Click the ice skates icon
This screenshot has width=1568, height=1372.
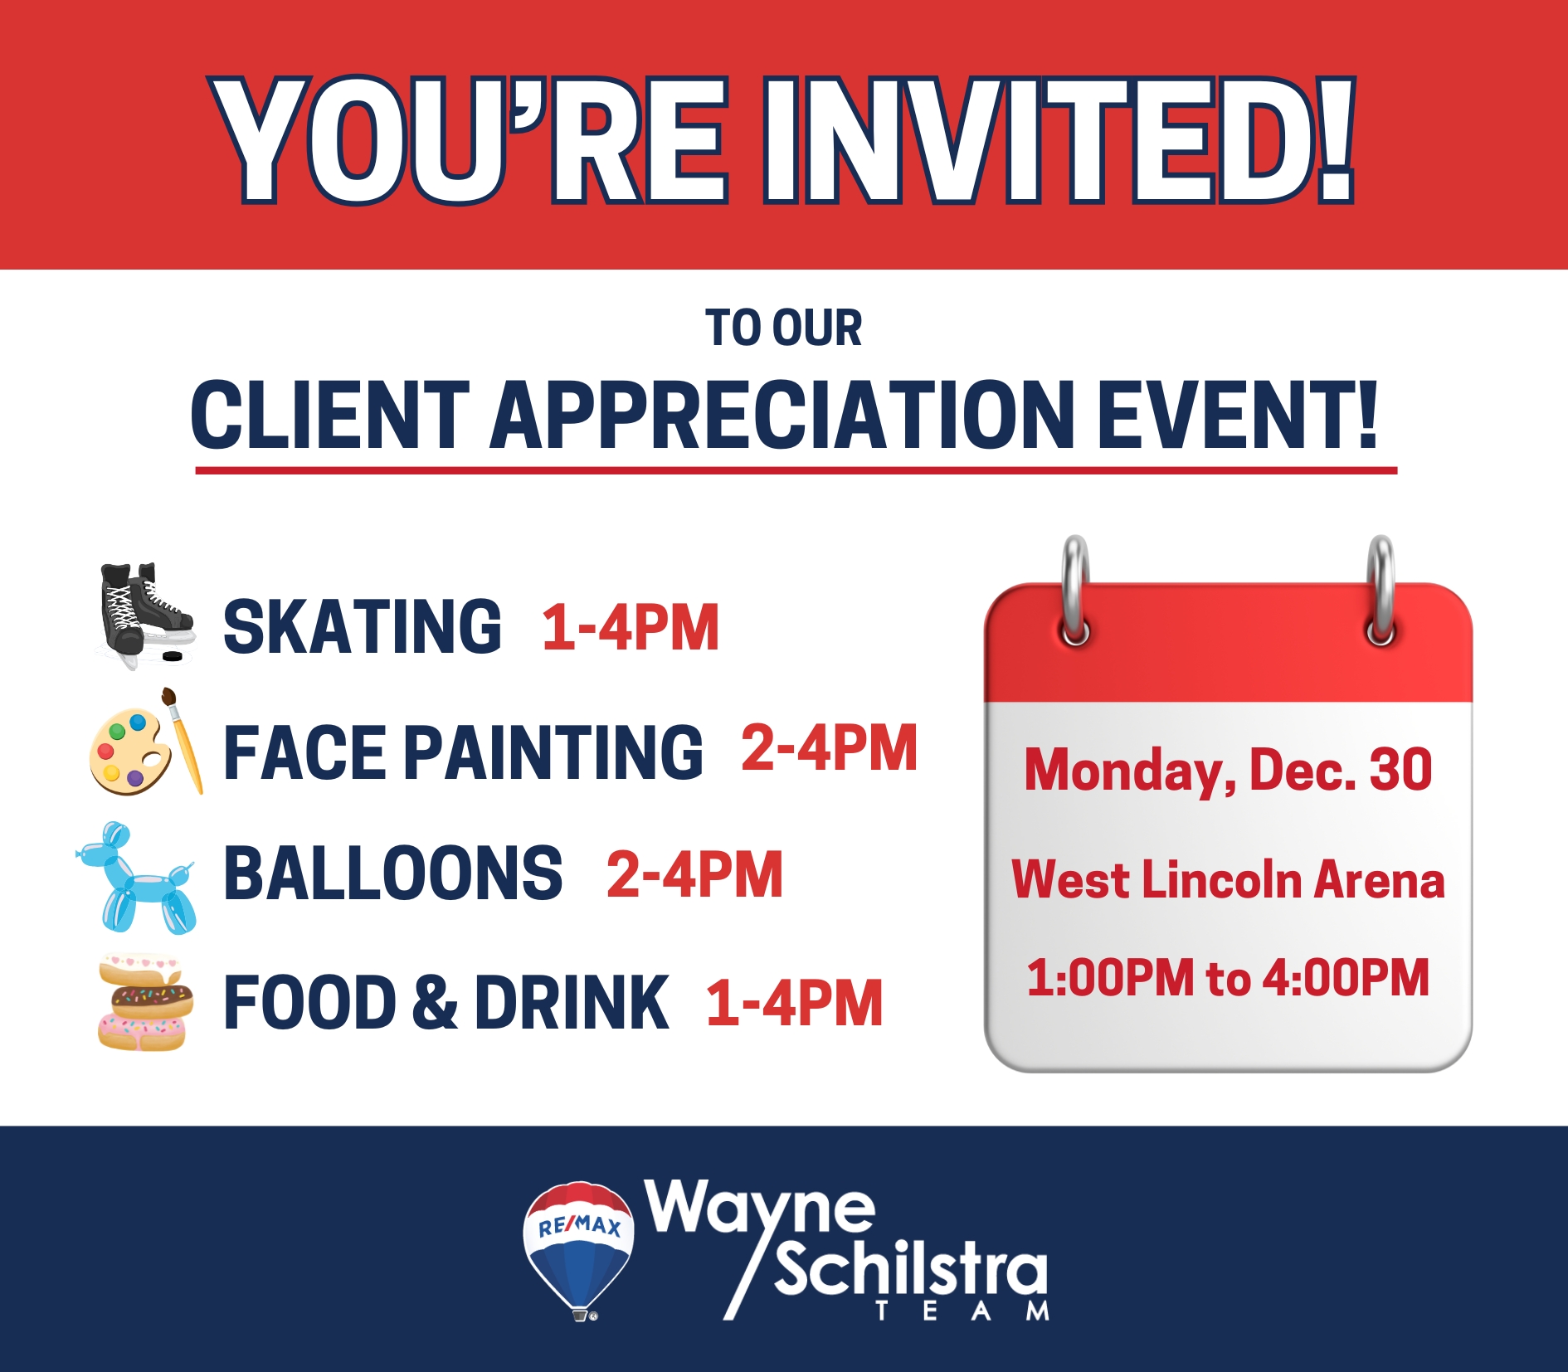click(x=146, y=615)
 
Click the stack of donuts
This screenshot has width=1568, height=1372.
click(x=145, y=1003)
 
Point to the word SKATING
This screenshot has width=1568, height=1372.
click(x=363, y=626)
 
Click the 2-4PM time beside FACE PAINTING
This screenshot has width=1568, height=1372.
click(x=830, y=747)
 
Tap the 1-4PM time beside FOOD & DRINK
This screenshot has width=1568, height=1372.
click(x=795, y=1003)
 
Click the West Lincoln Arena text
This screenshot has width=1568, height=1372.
click(x=1228, y=879)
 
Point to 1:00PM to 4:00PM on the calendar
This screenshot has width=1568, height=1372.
click(x=1228, y=977)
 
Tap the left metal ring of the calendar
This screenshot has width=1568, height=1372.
click(x=1075, y=591)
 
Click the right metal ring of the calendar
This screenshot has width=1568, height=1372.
click(x=1381, y=591)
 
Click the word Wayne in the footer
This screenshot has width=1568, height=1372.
click(x=760, y=1209)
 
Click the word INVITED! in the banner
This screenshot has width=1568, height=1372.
click(x=1059, y=140)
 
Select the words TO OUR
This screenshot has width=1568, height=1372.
click(x=784, y=328)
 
